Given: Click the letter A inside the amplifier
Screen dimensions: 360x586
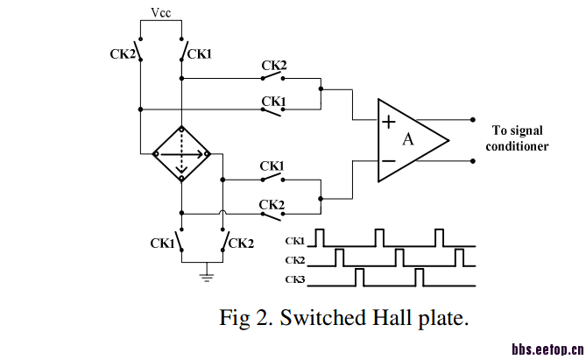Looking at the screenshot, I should pyautogui.click(x=407, y=139).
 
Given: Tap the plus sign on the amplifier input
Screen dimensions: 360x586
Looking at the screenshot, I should pyautogui.click(x=388, y=122).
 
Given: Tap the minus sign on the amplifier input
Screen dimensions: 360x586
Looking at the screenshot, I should pyautogui.click(x=388, y=160).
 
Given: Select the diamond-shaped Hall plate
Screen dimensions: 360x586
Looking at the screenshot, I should pyautogui.click(x=181, y=153).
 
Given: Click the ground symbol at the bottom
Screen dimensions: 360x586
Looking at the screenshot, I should pyautogui.click(x=208, y=277).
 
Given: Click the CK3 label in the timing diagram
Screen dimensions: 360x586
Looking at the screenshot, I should pyautogui.click(x=295, y=279).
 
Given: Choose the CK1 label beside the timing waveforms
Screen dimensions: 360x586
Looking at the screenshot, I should pyautogui.click(x=295, y=240).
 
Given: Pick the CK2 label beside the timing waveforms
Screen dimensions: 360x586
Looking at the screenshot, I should pyautogui.click(x=295, y=259).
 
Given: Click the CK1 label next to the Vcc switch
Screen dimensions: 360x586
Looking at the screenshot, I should pyautogui.click(x=200, y=54).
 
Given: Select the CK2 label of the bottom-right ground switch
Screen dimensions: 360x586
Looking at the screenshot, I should pyautogui.click(x=241, y=243).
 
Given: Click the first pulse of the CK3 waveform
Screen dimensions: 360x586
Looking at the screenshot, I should pyautogui.click(x=359, y=277).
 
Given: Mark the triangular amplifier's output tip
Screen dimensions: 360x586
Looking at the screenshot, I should pyautogui.click(x=448, y=140).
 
